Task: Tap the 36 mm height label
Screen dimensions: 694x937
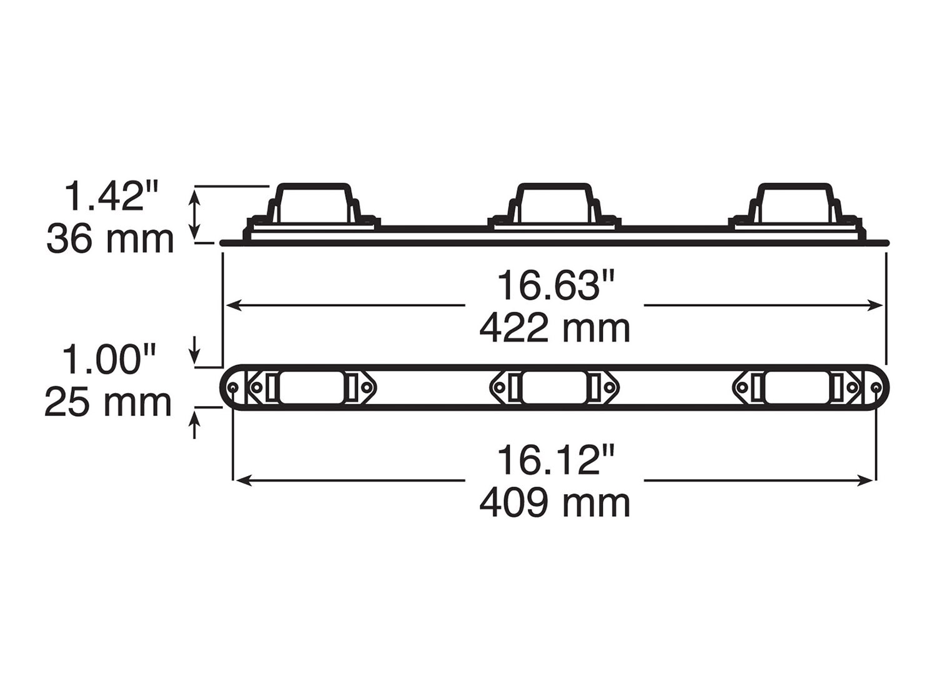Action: click(x=110, y=239)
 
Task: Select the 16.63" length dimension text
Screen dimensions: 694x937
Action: click(x=555, y=285)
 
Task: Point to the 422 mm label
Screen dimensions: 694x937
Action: click(x=555, y=329)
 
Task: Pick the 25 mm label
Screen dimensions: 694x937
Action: click(x=108, y=403)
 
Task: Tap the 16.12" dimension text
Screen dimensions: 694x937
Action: click(x=555, y=460)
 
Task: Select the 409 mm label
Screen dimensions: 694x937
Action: click(x=555, y=503)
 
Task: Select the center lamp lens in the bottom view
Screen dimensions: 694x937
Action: click(x=555, y=388)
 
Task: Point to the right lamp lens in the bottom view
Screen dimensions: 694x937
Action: click(x=797, y=388)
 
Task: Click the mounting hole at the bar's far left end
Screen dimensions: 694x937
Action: click(x=233, y=388)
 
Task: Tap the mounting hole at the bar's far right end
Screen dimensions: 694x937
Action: click(x=876, y=388)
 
